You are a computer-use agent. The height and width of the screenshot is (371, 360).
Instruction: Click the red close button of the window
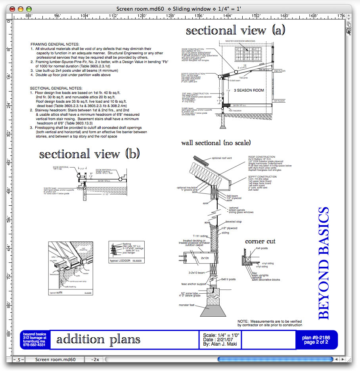tap(11, 9)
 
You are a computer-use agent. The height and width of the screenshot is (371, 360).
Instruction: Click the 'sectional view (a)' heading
tap(236, 31)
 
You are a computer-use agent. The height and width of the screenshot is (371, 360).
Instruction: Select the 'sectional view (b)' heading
tap(89, 154)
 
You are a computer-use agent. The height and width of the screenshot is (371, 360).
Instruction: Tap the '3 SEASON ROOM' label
tap(249, 90)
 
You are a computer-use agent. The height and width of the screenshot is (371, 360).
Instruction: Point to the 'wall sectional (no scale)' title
tap(216, 143)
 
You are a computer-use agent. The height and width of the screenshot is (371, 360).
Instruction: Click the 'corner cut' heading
tap(260, 241)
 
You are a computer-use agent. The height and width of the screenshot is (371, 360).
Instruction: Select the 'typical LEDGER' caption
tap(119, 260)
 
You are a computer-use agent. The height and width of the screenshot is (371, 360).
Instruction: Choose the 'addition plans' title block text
tap(98, 339)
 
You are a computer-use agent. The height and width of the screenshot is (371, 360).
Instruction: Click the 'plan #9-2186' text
tap(316, 337)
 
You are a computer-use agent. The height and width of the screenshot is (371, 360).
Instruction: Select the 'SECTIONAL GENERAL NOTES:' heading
tap(56, 88)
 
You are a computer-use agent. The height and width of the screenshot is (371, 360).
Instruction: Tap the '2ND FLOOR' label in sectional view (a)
tap(279, 71)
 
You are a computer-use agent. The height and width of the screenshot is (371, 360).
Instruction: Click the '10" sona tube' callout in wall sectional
tap(186, 293)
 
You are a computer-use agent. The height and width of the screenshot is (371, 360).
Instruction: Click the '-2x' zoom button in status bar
tap(95, 360)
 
